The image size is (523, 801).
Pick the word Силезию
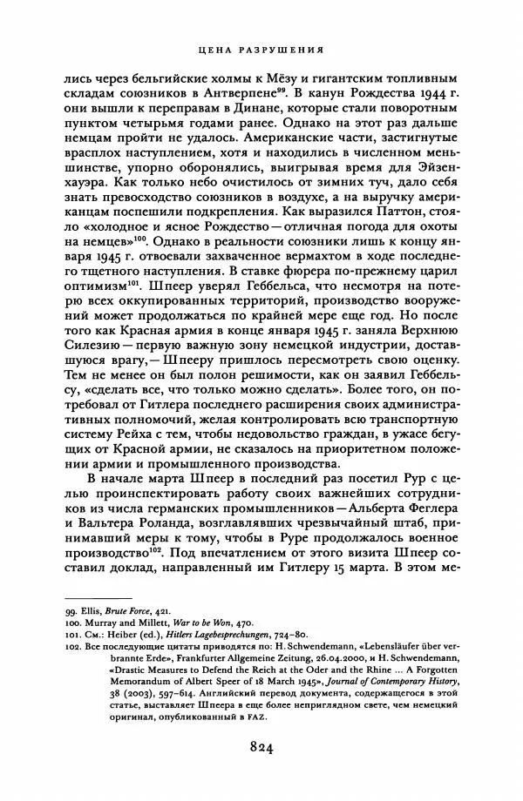click(x=92, y=355)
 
